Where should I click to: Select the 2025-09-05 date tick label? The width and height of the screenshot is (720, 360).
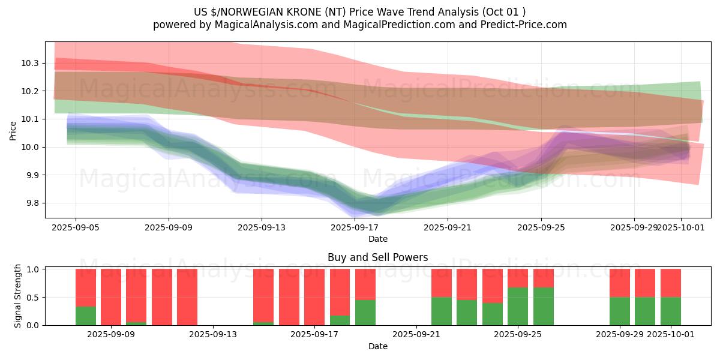[76, 227]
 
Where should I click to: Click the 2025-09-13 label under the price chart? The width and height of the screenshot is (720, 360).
[262, 227]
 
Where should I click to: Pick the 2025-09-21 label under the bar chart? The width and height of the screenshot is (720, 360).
[416, 335]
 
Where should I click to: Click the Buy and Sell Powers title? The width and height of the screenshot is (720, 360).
[378, 257]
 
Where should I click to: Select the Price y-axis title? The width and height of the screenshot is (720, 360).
[13, 130]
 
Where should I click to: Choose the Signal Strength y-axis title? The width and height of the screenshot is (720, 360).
[18, 296]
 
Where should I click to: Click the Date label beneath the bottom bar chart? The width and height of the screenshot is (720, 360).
[378, 346]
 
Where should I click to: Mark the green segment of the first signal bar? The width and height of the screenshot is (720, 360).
[86, 316]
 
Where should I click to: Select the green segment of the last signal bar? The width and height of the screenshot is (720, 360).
[671, 311]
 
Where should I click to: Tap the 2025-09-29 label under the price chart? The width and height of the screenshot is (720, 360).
[634, 227]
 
